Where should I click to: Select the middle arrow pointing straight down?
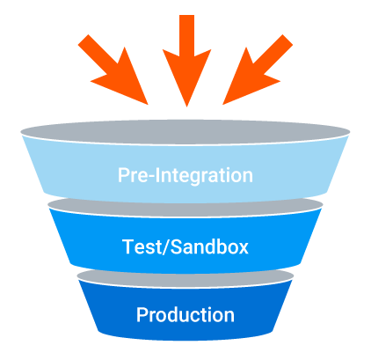pos(185,62)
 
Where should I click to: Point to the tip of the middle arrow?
pos(185,106)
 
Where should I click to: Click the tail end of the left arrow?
pos(84,39)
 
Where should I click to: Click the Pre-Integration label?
pos(185,174)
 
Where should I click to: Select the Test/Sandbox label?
pos(185,246)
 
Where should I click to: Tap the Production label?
pos(185,314)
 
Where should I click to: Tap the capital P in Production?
pos(142,314)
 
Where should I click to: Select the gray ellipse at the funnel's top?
pos(185,132)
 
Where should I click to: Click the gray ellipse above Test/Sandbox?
pos(185,205)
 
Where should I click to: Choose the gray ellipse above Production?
pos(185,277)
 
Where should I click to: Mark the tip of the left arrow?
pos(147,104)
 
